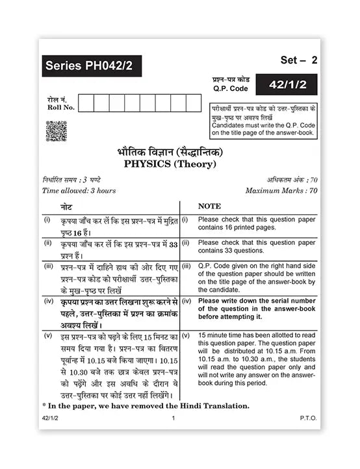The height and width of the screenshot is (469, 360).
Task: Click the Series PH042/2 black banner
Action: coord(92,66)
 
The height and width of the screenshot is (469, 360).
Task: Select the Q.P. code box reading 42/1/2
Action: coord(290,83)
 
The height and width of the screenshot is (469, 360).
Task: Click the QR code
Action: coord(56,131)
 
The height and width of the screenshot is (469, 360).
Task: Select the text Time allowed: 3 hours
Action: coord(79,191)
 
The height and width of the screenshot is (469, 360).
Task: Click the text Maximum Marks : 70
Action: coord(281,191)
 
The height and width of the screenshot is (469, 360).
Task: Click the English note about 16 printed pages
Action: coord(256,223)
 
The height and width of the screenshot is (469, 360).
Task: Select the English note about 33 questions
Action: coord(256,246)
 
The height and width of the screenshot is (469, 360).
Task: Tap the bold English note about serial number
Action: coord(257,309)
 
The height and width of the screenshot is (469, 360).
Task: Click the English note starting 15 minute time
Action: coord(257,359)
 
